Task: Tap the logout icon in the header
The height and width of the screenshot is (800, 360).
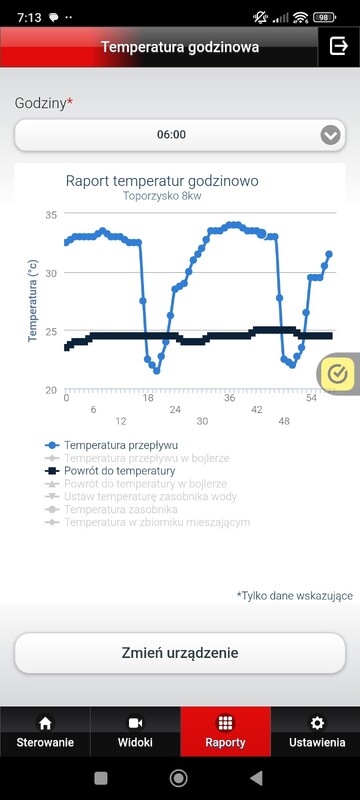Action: coord(338,46)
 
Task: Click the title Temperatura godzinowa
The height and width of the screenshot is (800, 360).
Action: coord(180,46)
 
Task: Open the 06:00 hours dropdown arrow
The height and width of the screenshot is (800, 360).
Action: coord(330,135)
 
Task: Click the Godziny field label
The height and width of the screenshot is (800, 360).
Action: coord(43,103)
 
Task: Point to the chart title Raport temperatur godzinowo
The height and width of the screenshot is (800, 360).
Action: coord(162,181)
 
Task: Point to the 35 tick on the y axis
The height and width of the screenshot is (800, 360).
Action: coord(52,215)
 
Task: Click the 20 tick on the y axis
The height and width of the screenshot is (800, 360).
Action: coord(52,390)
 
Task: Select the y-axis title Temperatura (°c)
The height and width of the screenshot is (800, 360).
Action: coord(33,300)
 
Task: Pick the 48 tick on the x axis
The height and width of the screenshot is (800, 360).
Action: coord(284,421)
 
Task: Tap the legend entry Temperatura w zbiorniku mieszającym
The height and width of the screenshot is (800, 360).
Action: coord(156,522)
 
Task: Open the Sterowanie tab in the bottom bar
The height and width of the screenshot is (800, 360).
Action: coord(44,732)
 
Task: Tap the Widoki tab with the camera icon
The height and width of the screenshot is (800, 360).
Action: coord(135,732)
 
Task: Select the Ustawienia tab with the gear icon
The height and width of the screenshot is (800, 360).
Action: coord(316,732)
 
